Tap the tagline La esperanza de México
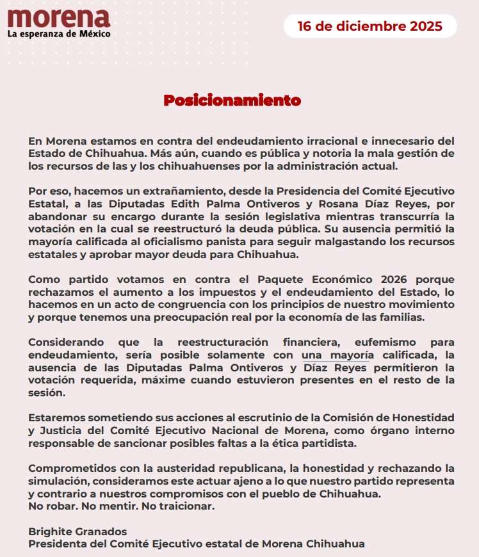[x=58, y=33]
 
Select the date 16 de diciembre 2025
[x=370, y=27]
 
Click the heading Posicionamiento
[x=232, y=101]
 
